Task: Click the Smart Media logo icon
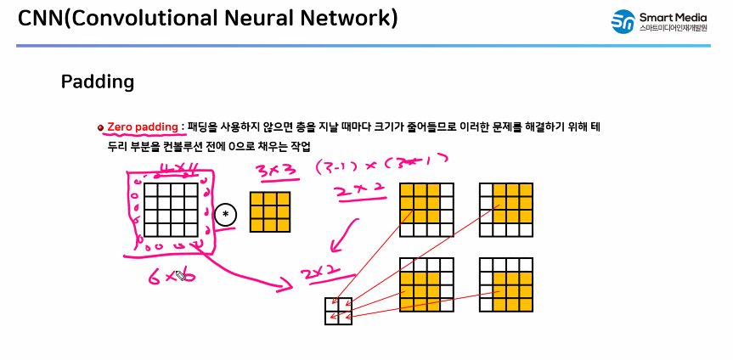(x=623, y=22)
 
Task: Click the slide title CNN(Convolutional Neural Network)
(x=207, y=18)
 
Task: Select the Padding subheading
(x=98, y=82)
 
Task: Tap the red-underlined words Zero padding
(x=143, y=127)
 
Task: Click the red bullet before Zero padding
(x=100, y=127)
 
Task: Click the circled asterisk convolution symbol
(x=225, y=214)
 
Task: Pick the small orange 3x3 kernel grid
(x=270, y=211)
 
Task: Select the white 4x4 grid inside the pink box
(x=170, y=209)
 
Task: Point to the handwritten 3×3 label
(x=276, y=171)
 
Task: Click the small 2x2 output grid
(x=338, y=310)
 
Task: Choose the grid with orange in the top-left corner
(x=426, y=209)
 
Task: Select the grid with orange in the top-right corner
(x=505, y=209)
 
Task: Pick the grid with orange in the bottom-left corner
(x=426, y=284)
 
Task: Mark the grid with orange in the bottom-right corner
(x=505, y=284)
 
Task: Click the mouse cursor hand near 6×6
(x=180, y=275)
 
